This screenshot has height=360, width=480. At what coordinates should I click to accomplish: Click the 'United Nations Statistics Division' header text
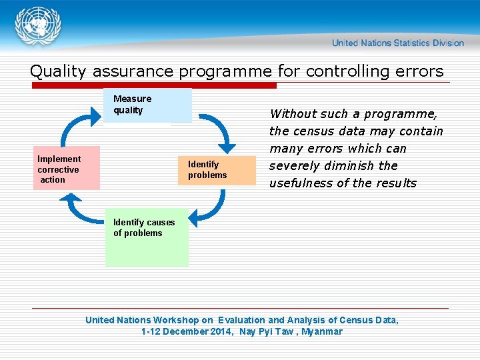(397, 43)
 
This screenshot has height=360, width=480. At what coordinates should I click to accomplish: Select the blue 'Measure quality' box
(147, 105)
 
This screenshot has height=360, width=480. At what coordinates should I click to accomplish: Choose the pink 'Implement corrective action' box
(66, 169)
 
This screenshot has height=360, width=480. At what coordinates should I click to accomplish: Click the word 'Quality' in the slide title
(59, 71)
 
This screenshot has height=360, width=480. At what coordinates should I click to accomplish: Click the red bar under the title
(153, 85)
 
